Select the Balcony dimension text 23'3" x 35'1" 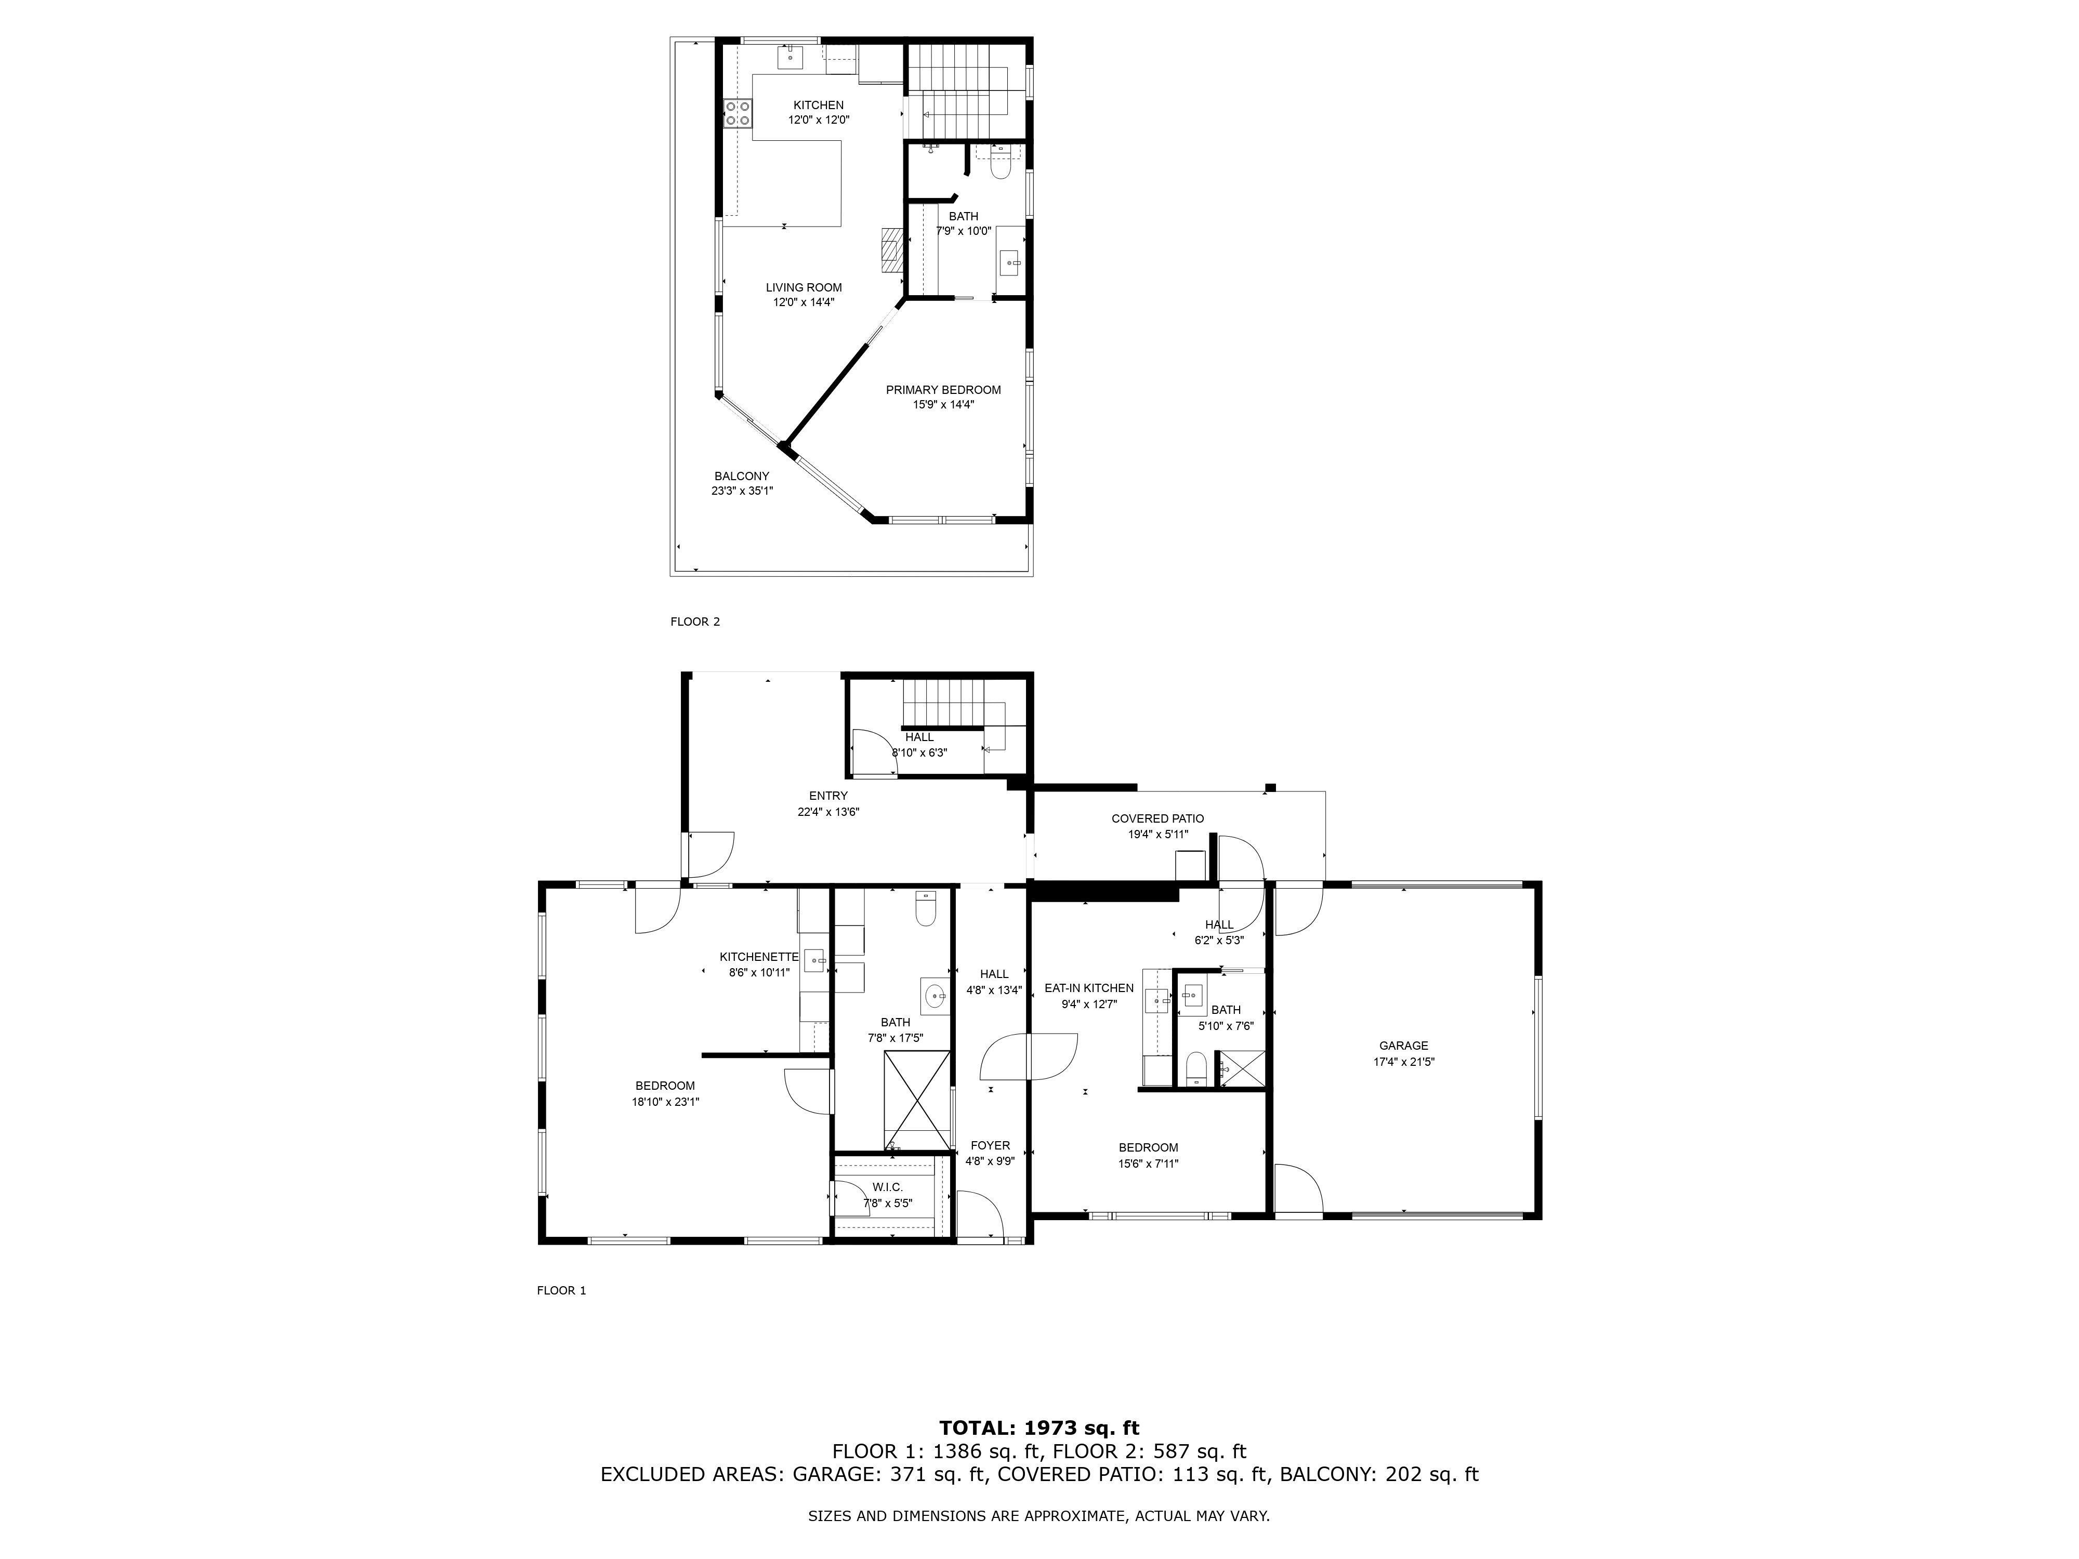tap(742, 491)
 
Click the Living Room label tap(804, 287)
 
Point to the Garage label tap(1403, 1046)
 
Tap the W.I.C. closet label tap(887, 1188)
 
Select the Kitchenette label tap(759, 957)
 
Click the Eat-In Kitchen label tap(1089, 988)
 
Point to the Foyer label tap(991, 1145)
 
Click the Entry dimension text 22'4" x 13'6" tap(828, 812)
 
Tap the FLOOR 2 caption tap(695, 621)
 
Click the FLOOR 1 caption tap(561, 1290)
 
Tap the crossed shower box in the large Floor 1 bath tap(916, 1101)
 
